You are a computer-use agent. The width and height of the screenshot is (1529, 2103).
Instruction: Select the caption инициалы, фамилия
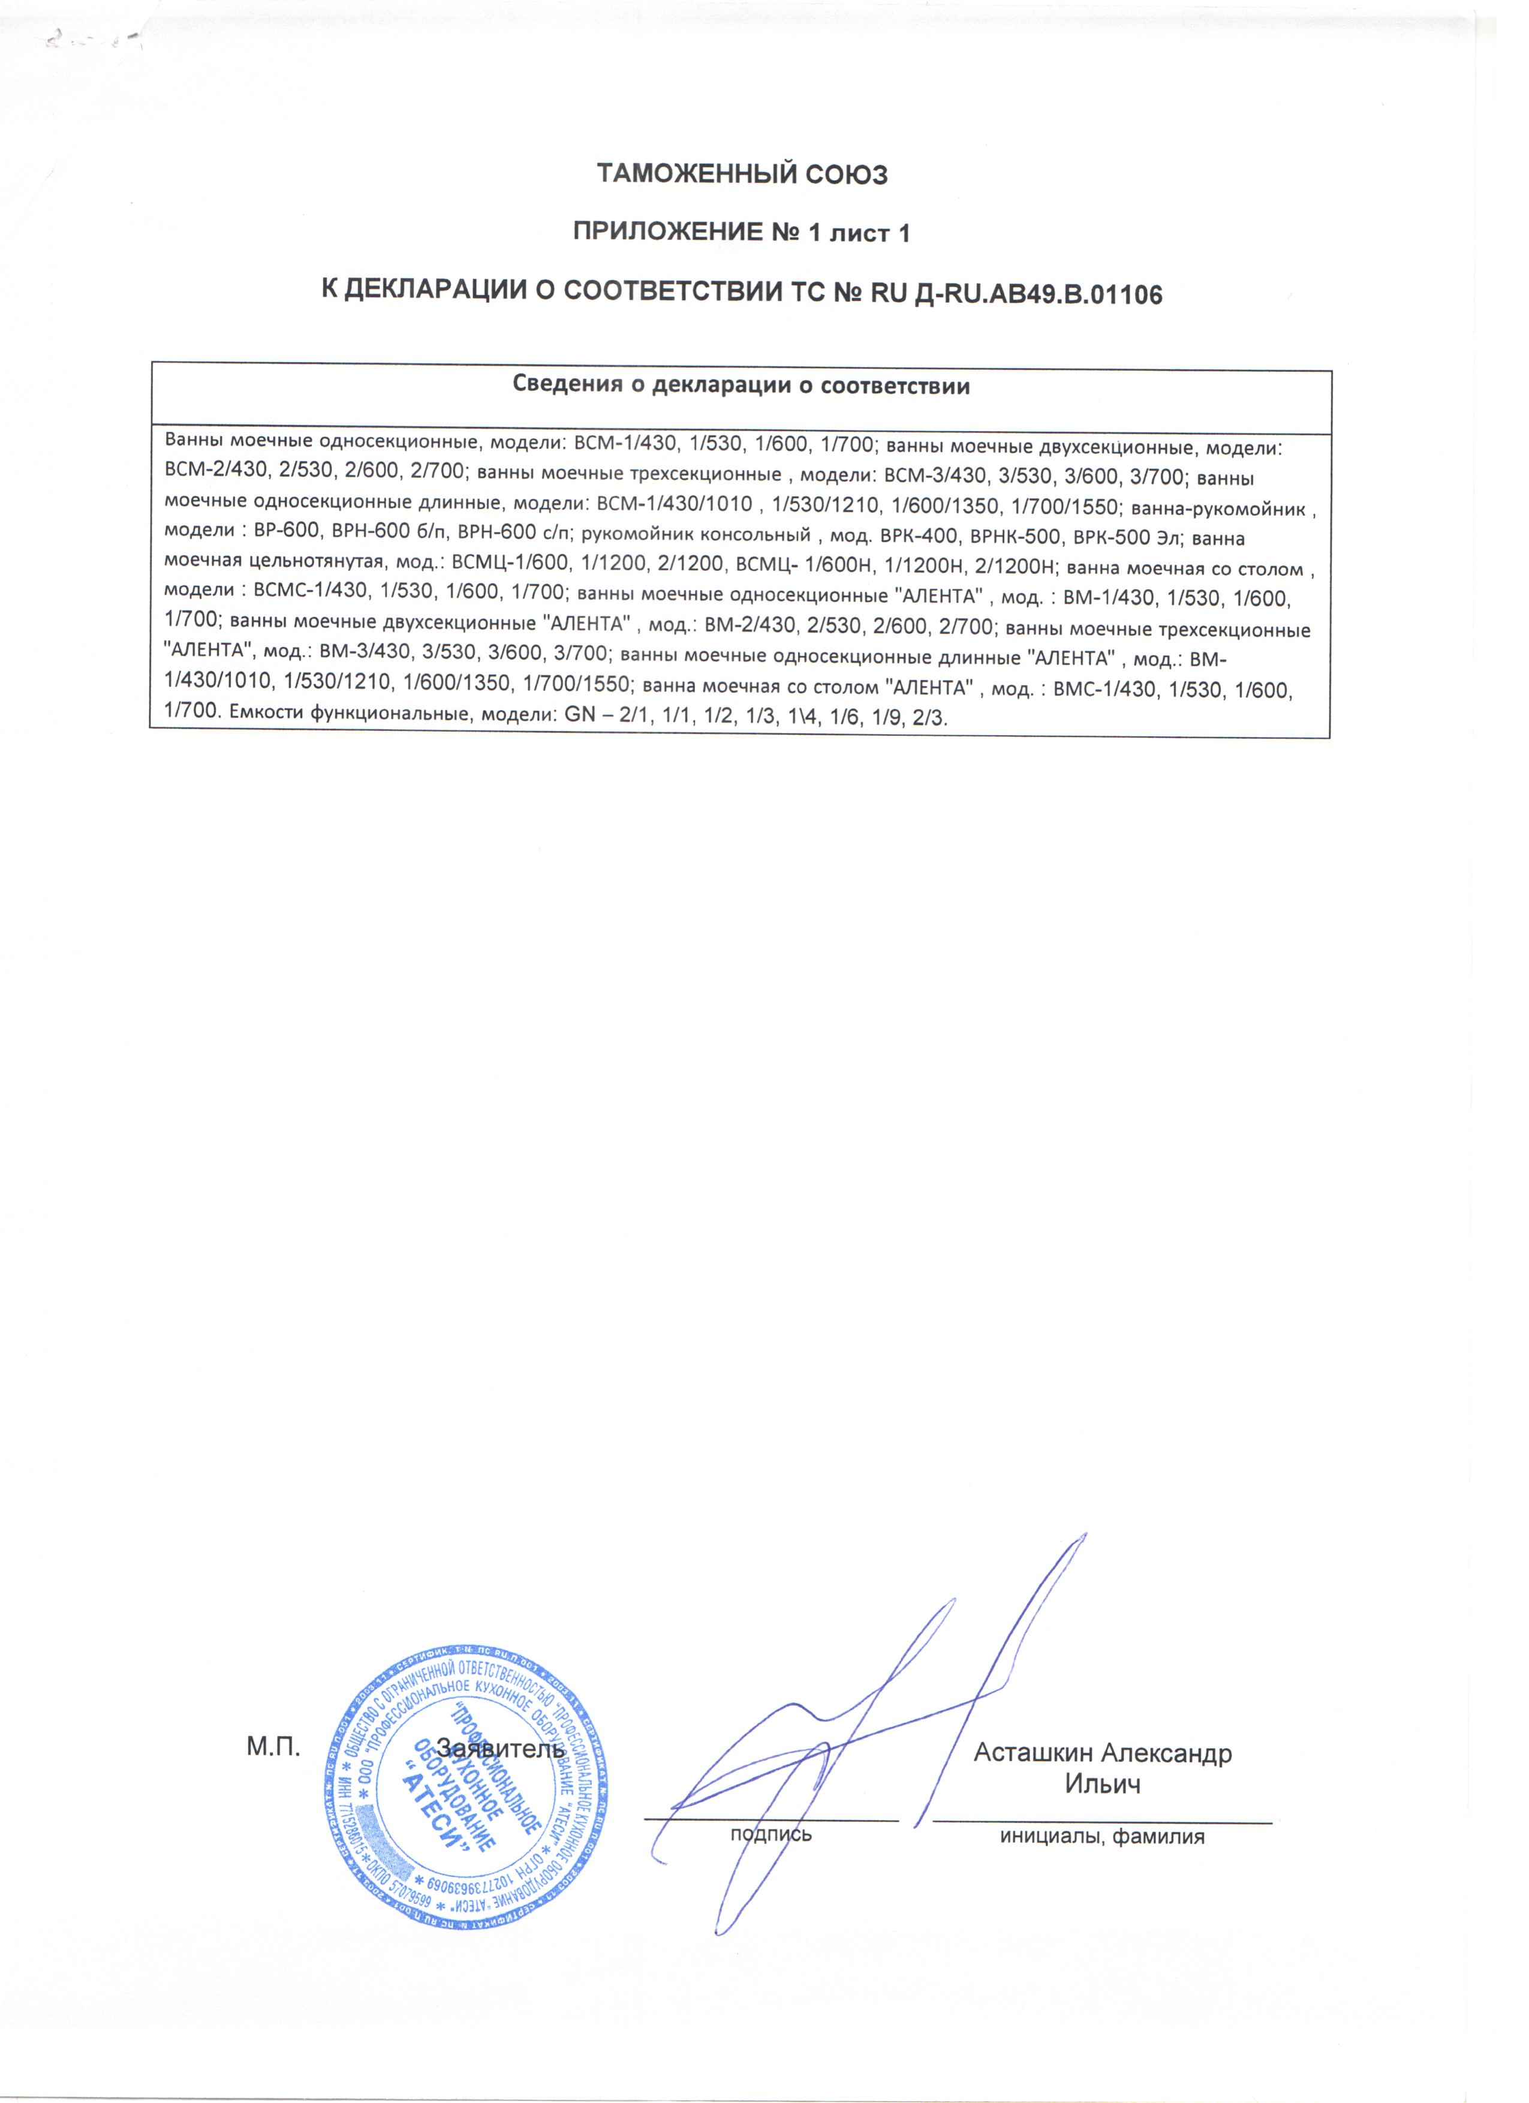pos(1101,1836)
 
